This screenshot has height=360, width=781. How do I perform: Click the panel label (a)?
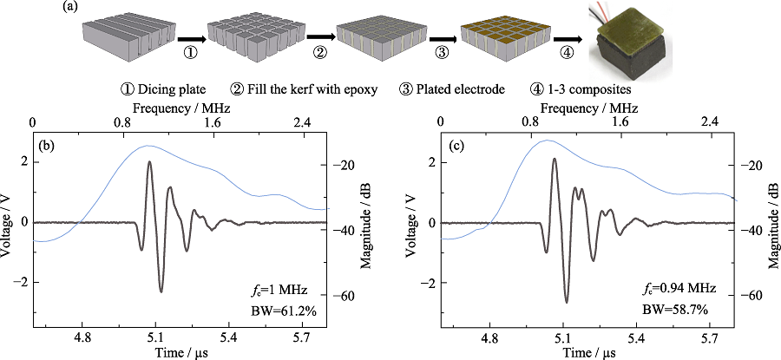71,8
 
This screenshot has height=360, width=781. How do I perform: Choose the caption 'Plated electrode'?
468,88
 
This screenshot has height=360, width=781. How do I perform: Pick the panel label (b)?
45,145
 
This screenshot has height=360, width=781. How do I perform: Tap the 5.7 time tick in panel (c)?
711,332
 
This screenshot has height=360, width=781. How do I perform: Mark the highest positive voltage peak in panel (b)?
149,162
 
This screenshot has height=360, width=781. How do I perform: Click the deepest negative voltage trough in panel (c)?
566,301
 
